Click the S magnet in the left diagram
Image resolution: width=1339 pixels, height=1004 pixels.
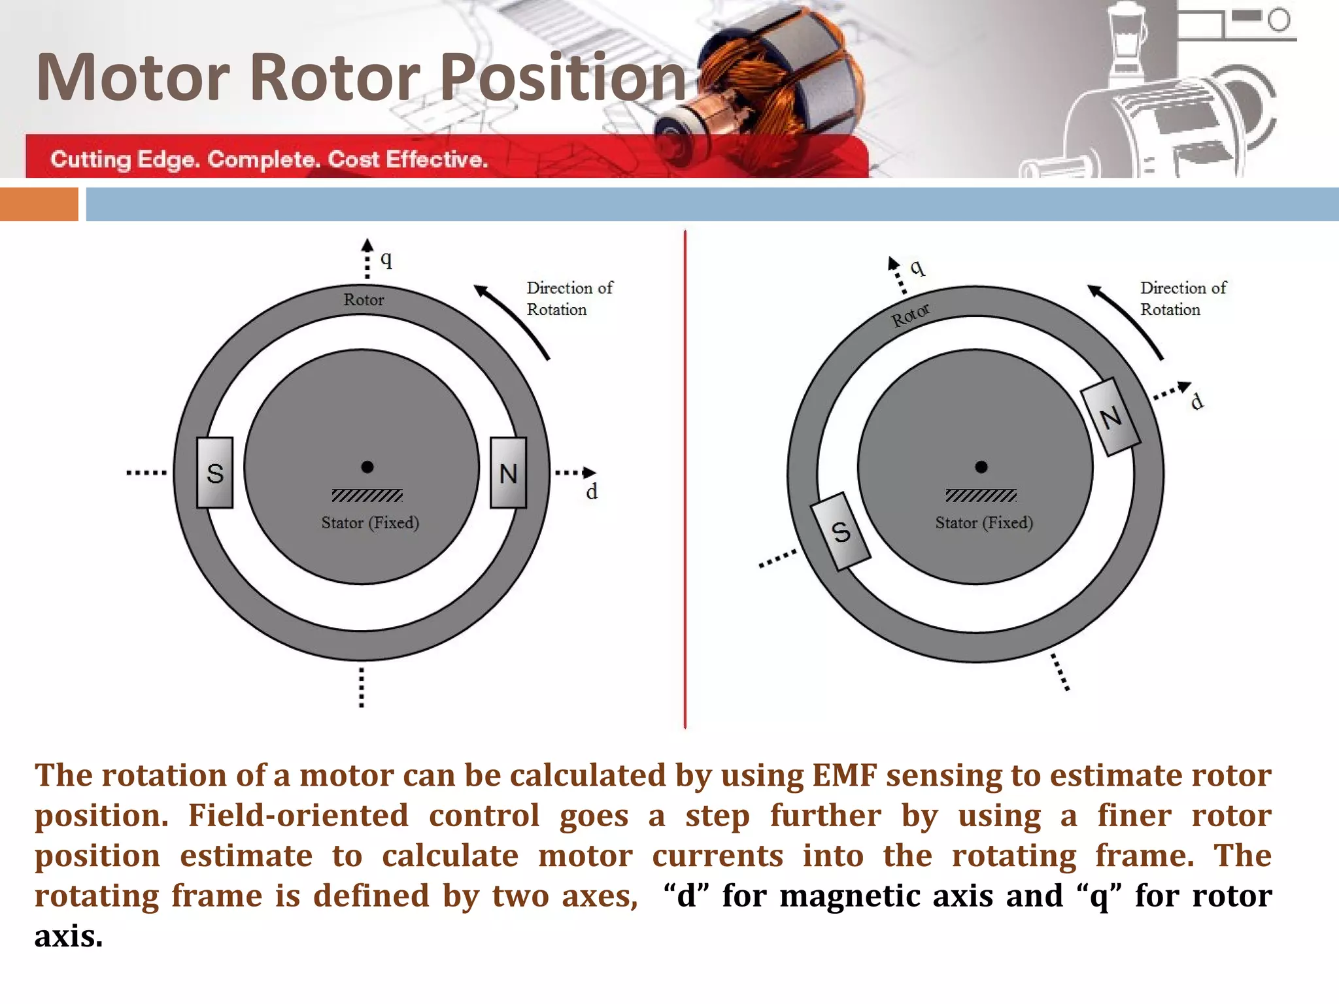tap(214, 473)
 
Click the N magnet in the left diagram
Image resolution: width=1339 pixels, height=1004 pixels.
tap(508, 473)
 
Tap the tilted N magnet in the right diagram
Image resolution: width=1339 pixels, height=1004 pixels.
tap(1110, 417)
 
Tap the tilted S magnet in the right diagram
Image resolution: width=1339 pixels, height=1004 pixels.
tap(840, 531)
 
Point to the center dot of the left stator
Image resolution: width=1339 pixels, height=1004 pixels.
tap(367, 467)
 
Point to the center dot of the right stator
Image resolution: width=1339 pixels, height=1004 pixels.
tap(981, 467)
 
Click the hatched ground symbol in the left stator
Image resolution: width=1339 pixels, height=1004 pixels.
tap(367, 495)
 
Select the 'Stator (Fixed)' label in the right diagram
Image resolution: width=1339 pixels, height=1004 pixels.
tap(983, 523)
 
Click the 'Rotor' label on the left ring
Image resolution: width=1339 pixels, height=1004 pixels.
tap(364, 300)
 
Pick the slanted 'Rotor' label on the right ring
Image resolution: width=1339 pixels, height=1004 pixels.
tap(910, 315)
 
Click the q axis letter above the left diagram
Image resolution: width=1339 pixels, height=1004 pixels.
tap(386, 259)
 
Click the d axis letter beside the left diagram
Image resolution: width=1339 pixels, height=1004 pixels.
tap(591, 492)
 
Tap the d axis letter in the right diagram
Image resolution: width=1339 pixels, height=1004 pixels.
tap(1196, 401)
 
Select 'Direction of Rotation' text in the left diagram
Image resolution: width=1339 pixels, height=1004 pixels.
tap(569, 299)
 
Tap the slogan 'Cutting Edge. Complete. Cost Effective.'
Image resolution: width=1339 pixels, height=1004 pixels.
tap(269, 159)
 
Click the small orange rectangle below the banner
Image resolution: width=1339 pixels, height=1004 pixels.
tap(39, 204)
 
